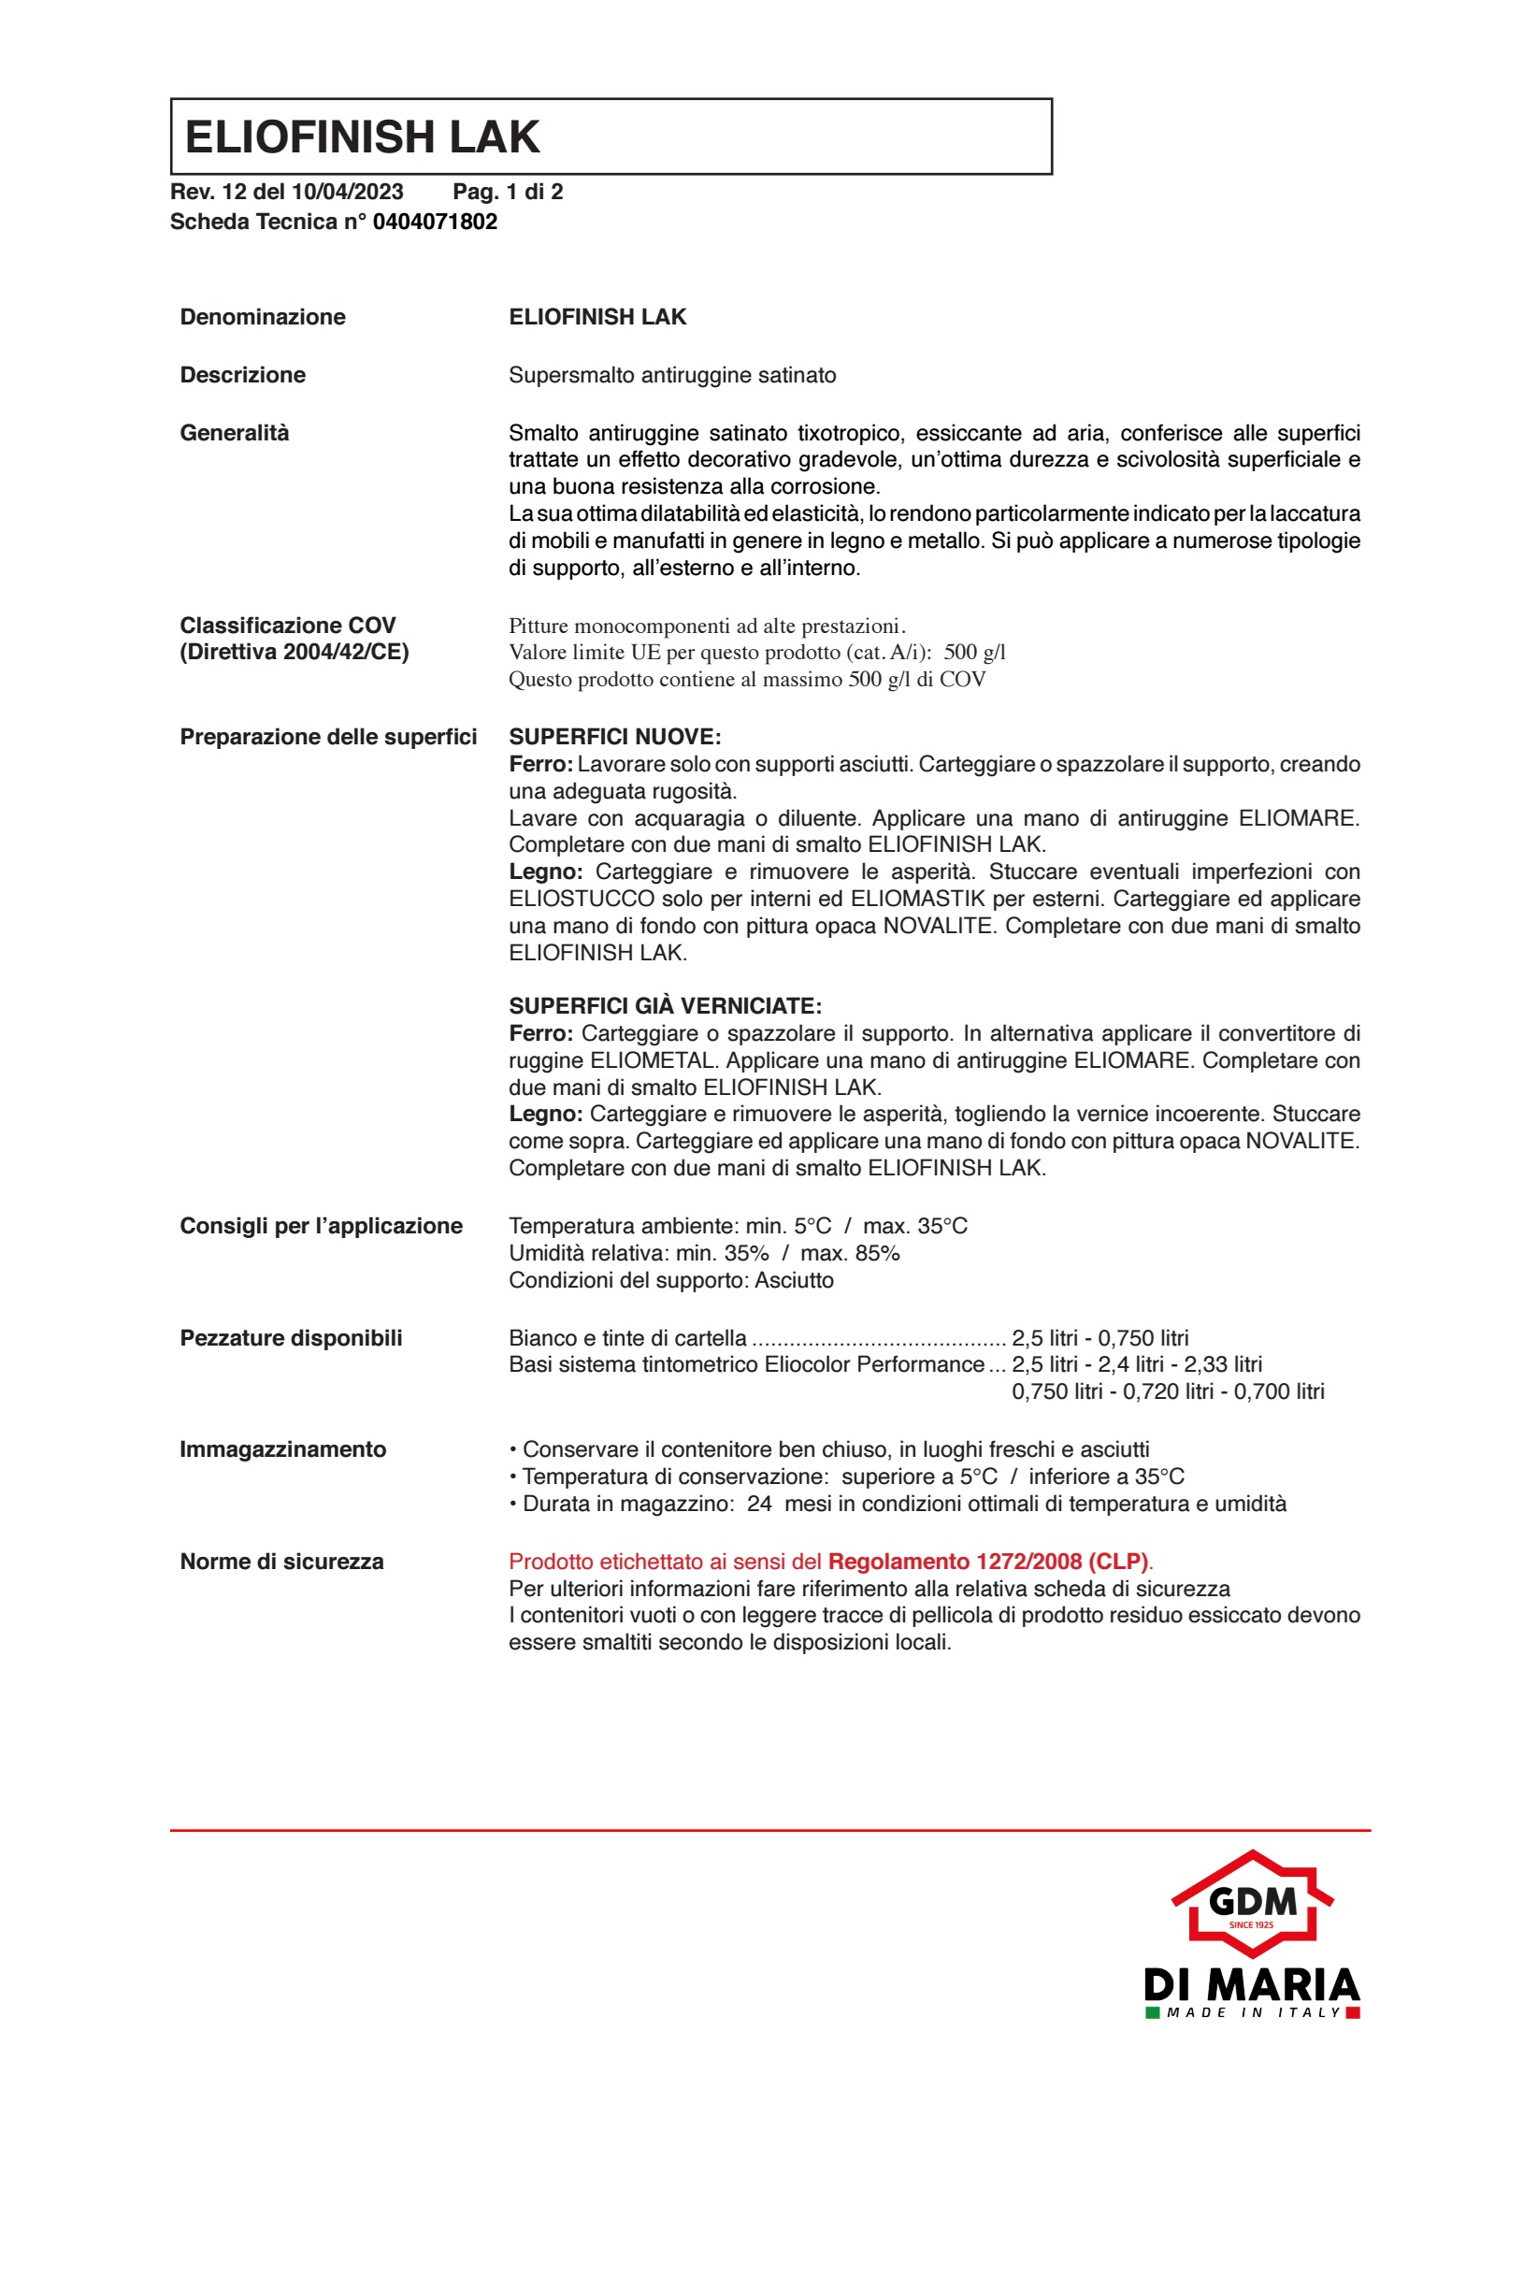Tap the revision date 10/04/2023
(347, 192)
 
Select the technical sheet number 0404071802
(434, 222)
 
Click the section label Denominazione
(263, 317)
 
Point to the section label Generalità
(234, 432)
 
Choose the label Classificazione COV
(288, 625)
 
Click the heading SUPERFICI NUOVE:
(614, 736)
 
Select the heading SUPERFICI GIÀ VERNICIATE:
(665, 1005)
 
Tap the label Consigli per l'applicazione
(321, 1225)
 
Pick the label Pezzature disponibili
(291, 1337)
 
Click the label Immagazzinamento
(282, 1449)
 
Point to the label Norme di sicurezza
(281, 1561)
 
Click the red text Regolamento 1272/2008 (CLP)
(987, 1561)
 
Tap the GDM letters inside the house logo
(1252, 1901)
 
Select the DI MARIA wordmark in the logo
(1251, 1983)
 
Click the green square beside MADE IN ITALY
(1152, 2011)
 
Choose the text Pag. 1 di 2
(507, 192)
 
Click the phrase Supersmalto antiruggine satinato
(672, 375)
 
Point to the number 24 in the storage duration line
(758, 1504)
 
